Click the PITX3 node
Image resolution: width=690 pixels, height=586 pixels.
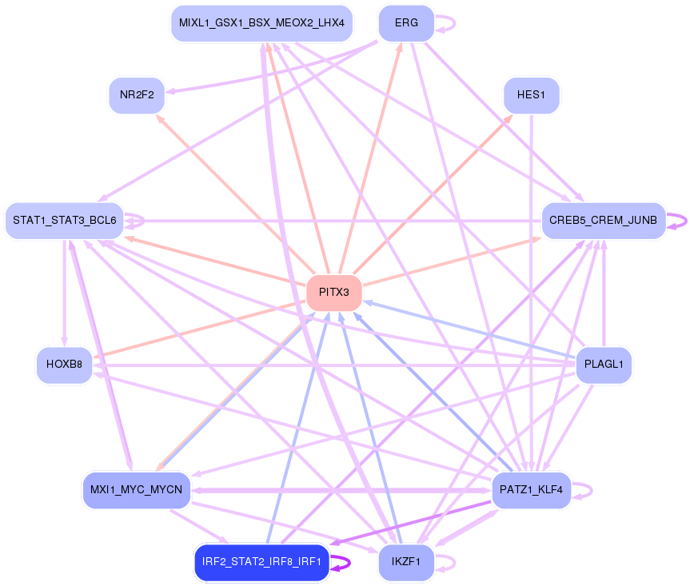pos(334,292)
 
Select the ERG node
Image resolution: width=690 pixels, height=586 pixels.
pos(406,23)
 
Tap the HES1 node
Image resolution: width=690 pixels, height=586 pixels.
pos(531,95)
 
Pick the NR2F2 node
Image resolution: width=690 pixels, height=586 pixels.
pos(137,95)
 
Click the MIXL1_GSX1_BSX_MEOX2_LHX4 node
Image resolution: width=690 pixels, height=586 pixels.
pos(261,23)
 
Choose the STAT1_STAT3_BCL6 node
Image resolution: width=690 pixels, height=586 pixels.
pos(64,220)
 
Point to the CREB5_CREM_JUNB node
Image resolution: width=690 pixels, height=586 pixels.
pos(604,220)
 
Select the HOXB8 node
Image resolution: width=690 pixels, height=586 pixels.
pos(64,365)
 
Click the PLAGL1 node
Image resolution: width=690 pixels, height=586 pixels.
pos(604,365)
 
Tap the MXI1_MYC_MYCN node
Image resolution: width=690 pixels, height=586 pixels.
pos(137,489)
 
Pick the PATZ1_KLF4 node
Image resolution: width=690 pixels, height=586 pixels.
pos(531,489)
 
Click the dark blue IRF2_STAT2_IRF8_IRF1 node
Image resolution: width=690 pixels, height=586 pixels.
pos(261,562)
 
